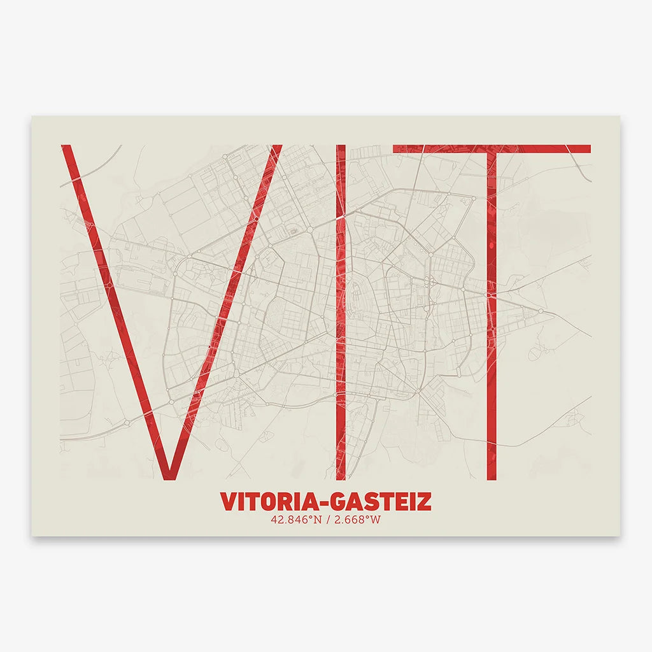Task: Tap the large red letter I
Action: click(341, 312)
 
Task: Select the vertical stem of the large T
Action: click(491, 318)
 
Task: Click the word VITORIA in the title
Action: click(266, 502)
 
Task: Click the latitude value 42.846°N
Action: click(295, 520)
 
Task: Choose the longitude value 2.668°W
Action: click(358, 520)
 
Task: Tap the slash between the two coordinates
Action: click(327, 520)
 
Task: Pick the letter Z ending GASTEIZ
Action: click(424, 502)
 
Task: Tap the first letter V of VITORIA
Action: click(228, 502)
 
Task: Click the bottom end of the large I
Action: click(341, 476)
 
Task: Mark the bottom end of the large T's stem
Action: click(491, 476)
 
